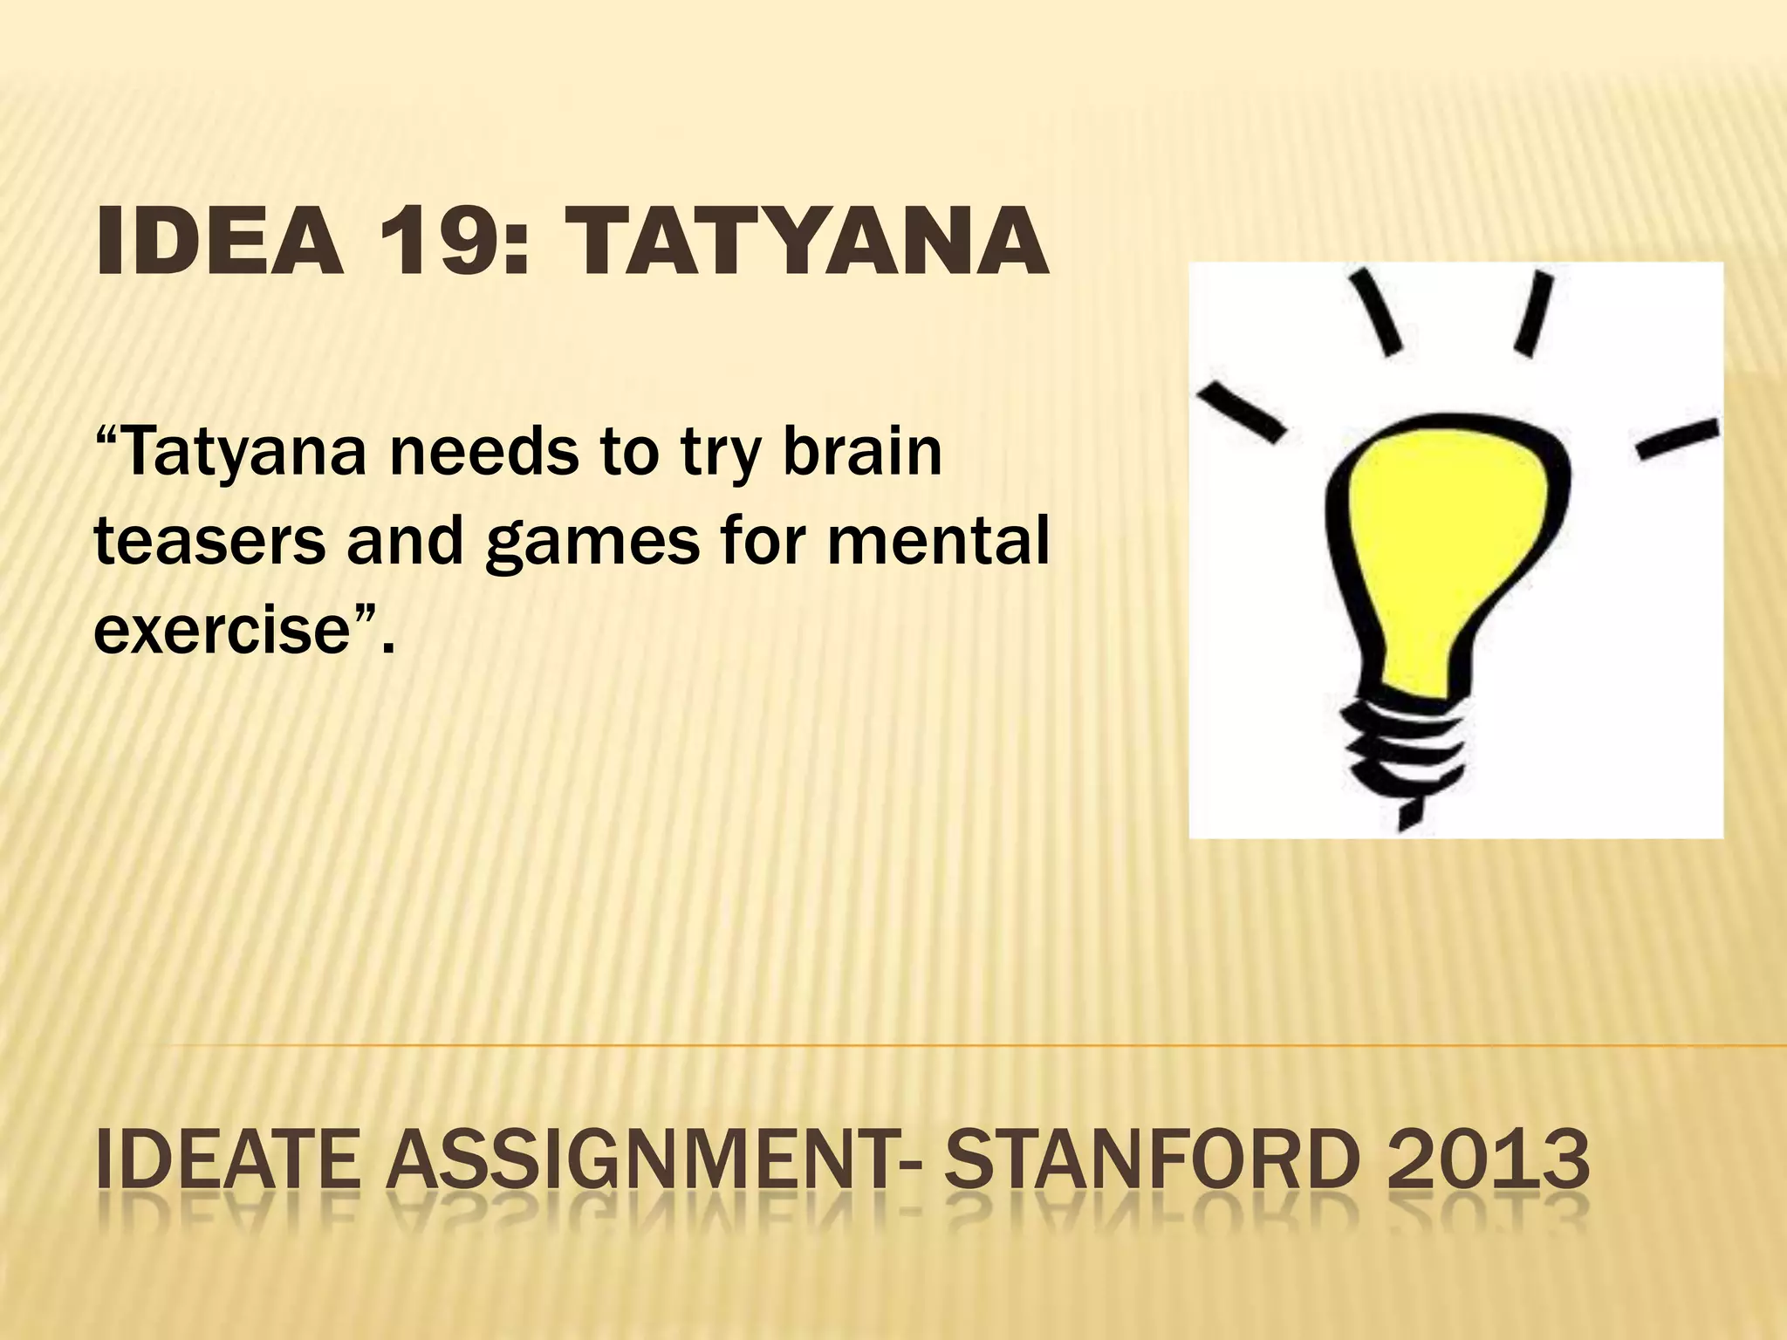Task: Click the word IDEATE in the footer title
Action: [x=228, y=1160]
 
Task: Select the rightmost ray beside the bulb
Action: [x=1677, y=439]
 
